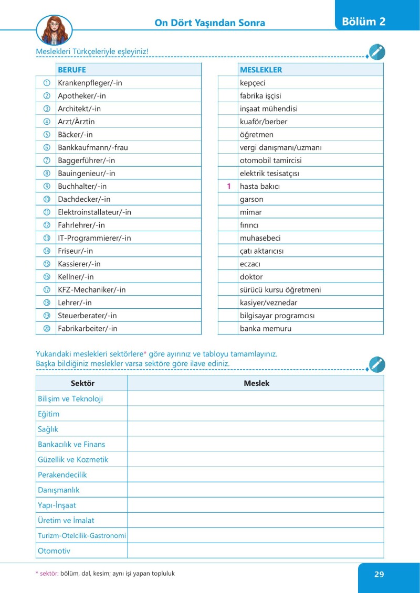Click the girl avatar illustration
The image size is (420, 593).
click(54, 29)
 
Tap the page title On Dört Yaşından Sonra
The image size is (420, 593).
click(209, 23)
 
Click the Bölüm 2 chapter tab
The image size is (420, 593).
click(363, 21)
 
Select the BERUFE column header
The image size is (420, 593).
click(72, 70)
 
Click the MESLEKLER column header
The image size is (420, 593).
click(261, 70)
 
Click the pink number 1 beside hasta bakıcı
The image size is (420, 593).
click(229, 186)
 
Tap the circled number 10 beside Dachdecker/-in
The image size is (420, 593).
click(47, 199)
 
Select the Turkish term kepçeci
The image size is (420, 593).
click(254, 83)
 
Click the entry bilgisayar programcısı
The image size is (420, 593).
click(277, 316)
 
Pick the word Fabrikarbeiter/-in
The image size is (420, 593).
click(88, 329)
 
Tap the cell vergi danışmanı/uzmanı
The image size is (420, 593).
click(281, 147)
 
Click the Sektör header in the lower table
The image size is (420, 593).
click(82, 383)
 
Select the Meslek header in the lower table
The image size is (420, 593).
click(256, 383)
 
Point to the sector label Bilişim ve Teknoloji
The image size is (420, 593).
click(70, 398)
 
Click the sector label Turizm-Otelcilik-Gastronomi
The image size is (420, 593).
click(82, 536)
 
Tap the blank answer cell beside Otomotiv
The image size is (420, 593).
click(256, 551)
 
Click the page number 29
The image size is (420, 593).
click(379, 574)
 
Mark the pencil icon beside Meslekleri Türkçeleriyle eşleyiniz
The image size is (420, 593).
click(377, 52)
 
